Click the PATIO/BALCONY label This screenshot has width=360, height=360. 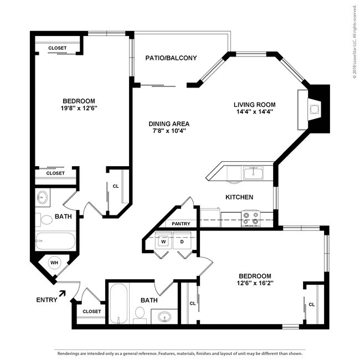171,58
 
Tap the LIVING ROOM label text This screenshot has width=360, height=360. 254,104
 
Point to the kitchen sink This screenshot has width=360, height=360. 253,174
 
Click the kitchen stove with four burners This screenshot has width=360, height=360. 251,218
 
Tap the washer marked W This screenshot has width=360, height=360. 164,241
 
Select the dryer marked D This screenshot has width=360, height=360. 182,241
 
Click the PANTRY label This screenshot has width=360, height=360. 181,224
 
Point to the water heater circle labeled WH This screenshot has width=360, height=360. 54,263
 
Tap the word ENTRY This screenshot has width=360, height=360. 46,301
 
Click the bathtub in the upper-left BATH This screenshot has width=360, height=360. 55,241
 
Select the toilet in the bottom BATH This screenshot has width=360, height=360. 140,315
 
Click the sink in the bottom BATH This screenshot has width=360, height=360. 163,317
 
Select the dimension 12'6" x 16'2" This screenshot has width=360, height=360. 255,284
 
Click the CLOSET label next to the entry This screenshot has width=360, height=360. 92,311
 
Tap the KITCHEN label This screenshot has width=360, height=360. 239,197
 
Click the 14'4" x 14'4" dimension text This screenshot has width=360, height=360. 254,112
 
